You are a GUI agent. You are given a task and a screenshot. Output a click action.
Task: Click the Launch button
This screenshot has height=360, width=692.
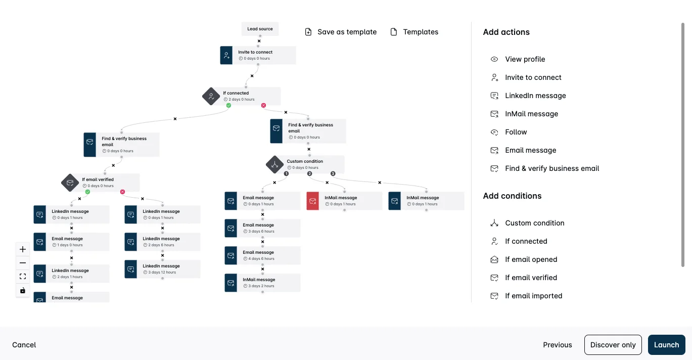pos(666,344)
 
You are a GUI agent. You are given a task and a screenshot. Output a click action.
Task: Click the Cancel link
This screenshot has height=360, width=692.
pos(24,345)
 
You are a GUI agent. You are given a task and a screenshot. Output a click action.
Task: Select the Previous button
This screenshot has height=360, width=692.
pos(558,345)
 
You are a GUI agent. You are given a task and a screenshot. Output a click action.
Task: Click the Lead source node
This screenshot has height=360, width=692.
pos(260,29)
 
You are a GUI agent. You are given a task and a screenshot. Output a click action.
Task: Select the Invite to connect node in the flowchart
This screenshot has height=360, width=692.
pos(258,55)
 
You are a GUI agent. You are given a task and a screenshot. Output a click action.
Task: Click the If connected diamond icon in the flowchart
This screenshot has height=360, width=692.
pos(211,96)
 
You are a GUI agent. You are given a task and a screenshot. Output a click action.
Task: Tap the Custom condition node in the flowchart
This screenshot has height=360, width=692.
pos(305,164)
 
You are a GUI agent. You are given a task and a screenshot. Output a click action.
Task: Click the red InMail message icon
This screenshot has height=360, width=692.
pos(312,201)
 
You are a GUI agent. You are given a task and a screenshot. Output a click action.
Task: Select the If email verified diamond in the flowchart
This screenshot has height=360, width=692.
pos(70,183)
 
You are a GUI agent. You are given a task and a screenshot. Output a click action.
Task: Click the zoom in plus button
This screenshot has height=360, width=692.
pos(23,249)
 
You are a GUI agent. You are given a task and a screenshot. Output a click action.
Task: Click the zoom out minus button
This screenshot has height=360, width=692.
pos(23,263)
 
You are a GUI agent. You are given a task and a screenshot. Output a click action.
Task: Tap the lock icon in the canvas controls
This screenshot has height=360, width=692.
pos(23,290)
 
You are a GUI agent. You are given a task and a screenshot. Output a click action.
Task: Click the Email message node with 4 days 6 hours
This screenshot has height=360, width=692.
pos(262,255)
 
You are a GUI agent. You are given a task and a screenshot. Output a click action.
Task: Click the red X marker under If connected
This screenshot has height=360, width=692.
pos(263,105)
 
